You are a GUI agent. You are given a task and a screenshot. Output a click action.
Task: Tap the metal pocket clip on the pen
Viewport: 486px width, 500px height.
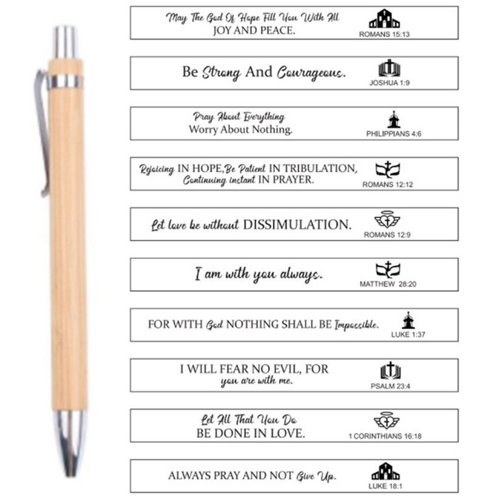[42, 134]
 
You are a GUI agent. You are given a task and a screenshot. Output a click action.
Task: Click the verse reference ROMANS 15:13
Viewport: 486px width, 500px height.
[384, 35]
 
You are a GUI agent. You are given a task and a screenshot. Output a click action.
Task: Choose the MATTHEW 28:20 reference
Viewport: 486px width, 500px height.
[388, 284]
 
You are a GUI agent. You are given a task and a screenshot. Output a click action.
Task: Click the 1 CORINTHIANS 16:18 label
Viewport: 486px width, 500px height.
[385, 436]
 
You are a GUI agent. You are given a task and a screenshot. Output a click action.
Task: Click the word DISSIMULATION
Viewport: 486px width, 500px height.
[297, 225]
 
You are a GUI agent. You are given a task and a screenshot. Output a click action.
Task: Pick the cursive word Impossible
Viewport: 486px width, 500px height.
[357, 325]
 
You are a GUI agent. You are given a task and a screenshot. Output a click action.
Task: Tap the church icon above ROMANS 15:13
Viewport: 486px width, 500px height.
[385, 19]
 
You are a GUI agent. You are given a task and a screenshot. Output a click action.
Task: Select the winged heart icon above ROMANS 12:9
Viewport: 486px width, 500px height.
[387, 220]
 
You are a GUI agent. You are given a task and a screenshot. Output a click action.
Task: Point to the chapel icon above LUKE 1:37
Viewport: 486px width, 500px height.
[408, 320]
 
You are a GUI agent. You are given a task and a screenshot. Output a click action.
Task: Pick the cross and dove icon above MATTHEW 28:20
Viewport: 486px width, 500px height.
[388, 269]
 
